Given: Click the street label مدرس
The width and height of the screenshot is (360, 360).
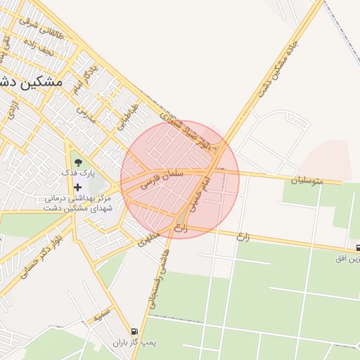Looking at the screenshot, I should coord(85,112).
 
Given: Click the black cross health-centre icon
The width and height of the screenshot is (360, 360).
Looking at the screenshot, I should coord(77,186).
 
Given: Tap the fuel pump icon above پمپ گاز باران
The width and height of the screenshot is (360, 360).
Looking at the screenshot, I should coord(134,331).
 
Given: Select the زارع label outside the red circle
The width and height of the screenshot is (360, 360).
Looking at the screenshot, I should coord(243,236).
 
